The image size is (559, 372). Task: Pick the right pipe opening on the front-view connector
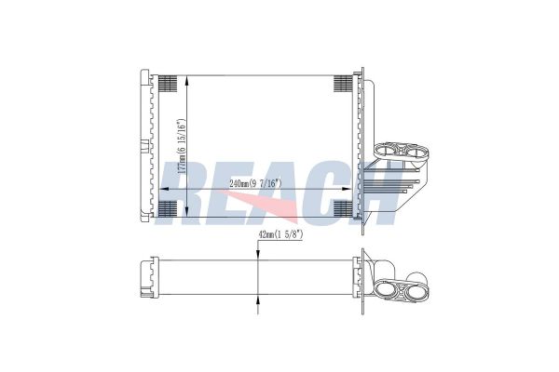tap(412, 149)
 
